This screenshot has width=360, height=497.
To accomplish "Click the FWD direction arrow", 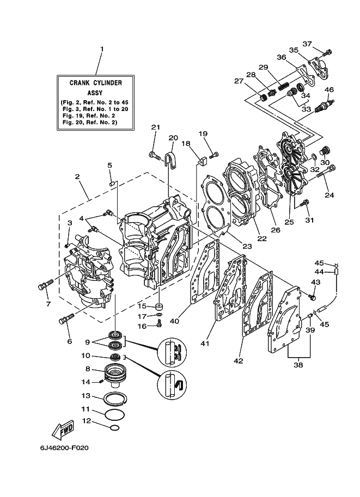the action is [63, 431].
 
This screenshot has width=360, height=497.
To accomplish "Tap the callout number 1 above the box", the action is [102, 49].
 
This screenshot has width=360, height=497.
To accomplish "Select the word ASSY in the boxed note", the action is [95, 93].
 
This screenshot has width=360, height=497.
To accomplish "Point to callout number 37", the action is [307, 44].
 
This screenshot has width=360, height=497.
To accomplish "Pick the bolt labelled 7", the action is [46, 284].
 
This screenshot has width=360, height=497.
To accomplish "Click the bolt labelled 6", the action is [66, 319].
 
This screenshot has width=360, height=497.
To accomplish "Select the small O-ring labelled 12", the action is [115, 428].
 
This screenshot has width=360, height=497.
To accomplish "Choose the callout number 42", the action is [239, 361].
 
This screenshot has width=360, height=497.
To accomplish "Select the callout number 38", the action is [298, 365].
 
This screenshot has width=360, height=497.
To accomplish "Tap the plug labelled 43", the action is [313, 297].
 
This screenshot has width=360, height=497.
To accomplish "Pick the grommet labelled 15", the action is [159, 306].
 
